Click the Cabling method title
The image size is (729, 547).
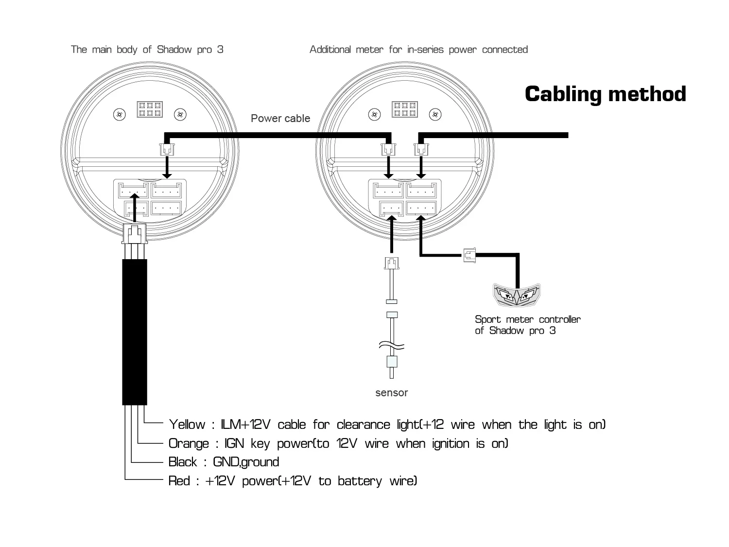point(605,94)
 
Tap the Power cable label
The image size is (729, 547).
point(280,118)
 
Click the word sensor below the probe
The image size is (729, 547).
point(391,392)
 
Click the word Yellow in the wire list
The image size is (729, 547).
point(187,425)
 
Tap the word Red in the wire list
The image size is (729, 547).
point(179,481)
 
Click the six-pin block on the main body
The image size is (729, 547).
point(150,110)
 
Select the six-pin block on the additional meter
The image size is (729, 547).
point(404,110)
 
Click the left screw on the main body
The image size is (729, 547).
point(119,115)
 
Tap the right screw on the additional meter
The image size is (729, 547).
point(436,115)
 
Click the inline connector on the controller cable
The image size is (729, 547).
point(469,254)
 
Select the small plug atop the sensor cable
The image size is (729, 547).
point(391,264)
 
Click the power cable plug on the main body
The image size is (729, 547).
point(166,149)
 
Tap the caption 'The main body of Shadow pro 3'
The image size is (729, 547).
point(147,50)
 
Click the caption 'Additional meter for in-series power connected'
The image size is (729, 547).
point(418,50)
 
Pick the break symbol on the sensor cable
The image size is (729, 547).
point(392,346)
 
